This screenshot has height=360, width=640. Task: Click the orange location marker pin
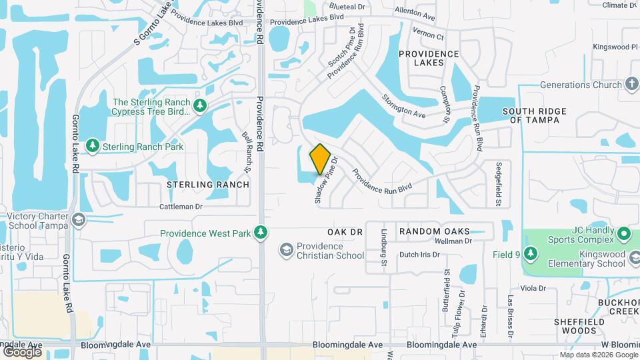pyautogui.click(x=320, y=159)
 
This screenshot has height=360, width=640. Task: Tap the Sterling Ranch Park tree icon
pyautogui.click(x=92, y=146)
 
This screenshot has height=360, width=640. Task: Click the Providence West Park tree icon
pyautogui.click(x=262, y=233)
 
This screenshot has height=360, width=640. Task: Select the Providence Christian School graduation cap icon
pyautogui.click(x=286, y=250)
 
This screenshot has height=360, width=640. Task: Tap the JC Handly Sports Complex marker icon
pyautogui.click(x=624, y=234)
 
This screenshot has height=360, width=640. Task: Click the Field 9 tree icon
pyautogui.click(x=530, y=254)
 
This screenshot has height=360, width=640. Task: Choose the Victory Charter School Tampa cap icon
pyautogui.click(x=79, y=220)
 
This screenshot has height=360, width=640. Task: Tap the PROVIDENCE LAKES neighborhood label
pyautogui.click(x=429, y=58)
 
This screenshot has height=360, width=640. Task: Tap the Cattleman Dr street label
pyautogui.click(x=181, y=207)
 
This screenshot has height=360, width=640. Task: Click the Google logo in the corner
pyautogui.click(x=22, y=351)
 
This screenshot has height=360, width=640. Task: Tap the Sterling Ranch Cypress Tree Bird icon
pyautogui.click(x=199, y=106)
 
